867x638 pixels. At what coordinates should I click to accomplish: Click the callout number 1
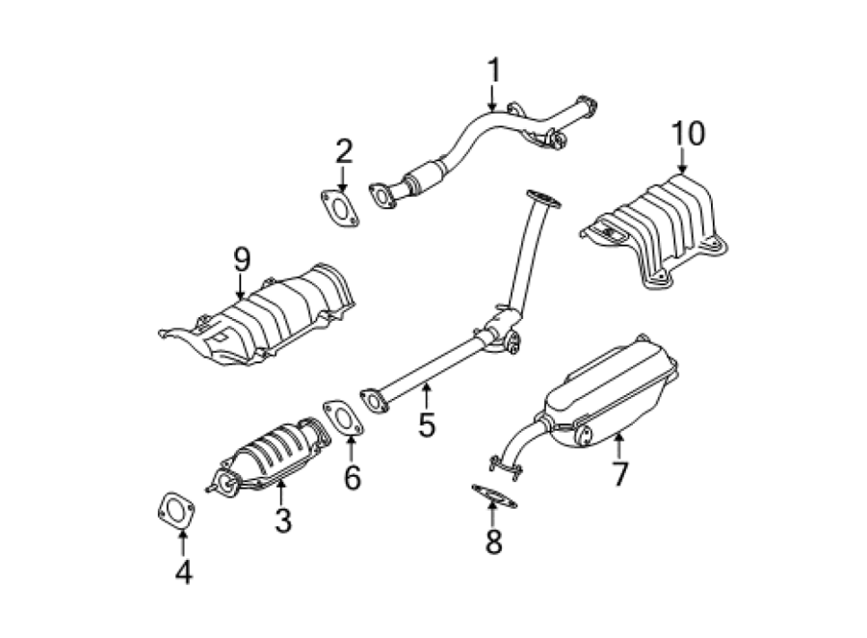pos(493,70)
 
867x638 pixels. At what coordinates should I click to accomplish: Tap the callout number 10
pos(688,133)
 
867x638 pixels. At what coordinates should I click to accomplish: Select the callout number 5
pos(427,425)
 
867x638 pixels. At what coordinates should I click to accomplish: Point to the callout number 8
pos(494,542)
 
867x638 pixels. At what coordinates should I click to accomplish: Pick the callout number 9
pos(242,259)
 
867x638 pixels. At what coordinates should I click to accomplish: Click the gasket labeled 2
pos(340,208)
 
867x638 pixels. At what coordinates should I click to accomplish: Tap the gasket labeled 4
pos(176,511)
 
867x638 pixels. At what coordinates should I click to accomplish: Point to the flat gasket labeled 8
pos(494,495)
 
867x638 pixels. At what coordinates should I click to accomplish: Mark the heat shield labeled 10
pos(655,230)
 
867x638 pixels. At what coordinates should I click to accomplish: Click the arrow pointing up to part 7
pos(619,445)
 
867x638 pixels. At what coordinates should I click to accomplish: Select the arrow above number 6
pos(351,450)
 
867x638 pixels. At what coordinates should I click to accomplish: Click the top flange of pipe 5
pos(543,199)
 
